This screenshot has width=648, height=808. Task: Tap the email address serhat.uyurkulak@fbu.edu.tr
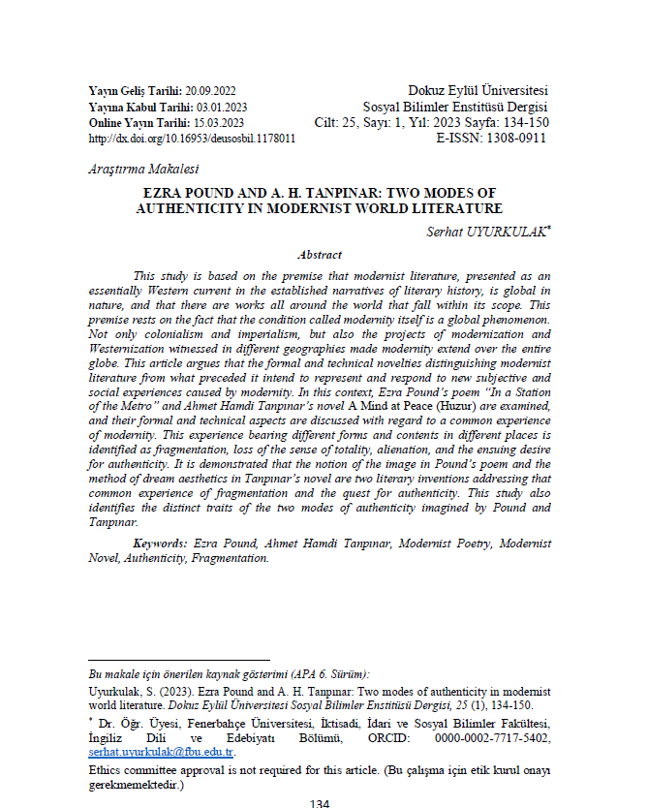(x=161, y=752)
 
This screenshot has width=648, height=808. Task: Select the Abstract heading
(x=319, y=255)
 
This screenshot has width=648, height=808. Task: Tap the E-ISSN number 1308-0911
(x=512, y=139)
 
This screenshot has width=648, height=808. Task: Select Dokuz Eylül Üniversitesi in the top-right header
(x=478, y=90)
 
